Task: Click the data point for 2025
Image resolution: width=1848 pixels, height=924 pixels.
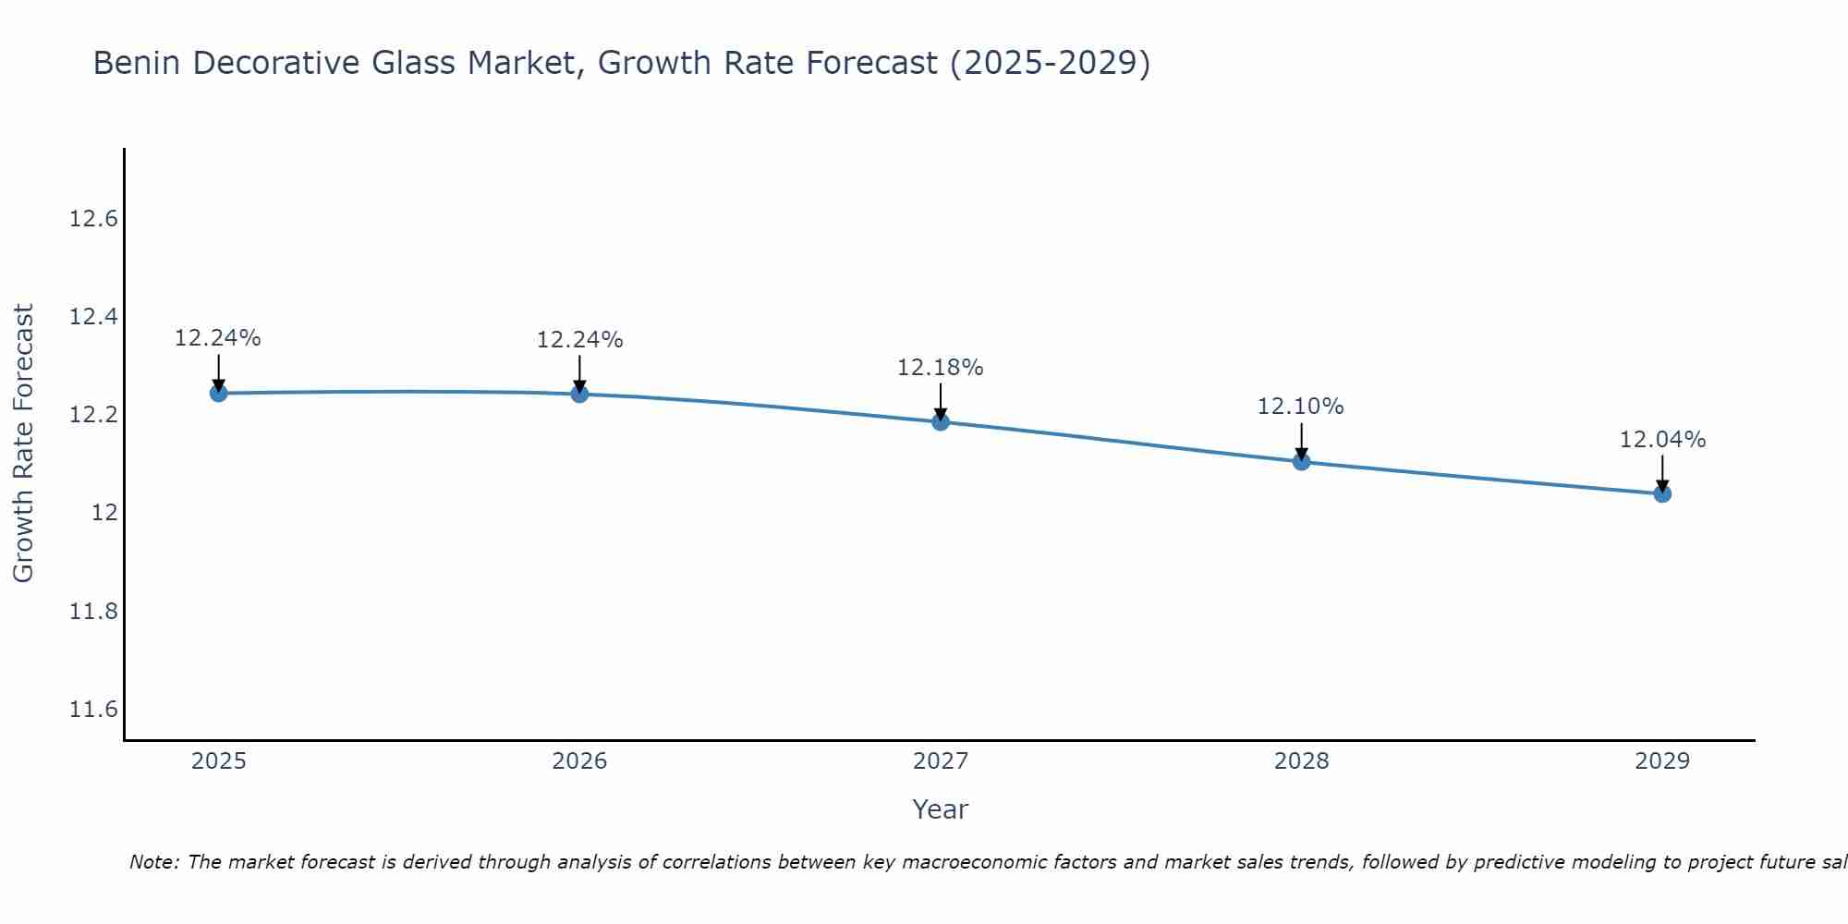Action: point(218,393)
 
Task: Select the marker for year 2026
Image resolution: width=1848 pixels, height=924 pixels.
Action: point(579,394)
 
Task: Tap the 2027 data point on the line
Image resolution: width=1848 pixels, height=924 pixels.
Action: point(941,422)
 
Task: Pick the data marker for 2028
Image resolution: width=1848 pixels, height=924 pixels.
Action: point(1301,461)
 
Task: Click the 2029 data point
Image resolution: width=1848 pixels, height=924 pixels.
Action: point(1662,493)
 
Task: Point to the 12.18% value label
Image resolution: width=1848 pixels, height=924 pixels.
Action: point(940,368)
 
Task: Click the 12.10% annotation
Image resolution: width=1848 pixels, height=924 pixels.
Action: point(1300,407)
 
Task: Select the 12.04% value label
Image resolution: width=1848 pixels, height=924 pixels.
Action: point(1662,440)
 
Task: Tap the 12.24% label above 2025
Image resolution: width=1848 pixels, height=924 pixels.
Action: point(218,338)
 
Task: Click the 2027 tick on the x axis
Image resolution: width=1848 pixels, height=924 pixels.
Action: point(940,761)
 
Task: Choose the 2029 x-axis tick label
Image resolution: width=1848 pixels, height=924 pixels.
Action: point(1662,761)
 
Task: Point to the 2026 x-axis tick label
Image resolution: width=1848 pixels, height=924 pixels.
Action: point(579,761)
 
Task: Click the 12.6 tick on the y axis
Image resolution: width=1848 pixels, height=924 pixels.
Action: point(94,219)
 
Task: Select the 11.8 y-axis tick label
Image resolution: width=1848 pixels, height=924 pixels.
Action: point(94,612)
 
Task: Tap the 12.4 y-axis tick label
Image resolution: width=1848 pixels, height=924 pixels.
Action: point(94,317)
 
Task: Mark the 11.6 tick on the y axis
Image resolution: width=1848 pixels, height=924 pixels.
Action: point(94,710)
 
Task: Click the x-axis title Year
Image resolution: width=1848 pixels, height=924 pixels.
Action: point(940,809)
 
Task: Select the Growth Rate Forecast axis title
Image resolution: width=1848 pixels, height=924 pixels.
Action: point(24,444)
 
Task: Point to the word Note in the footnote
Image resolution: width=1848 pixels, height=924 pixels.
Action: point(153,862)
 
